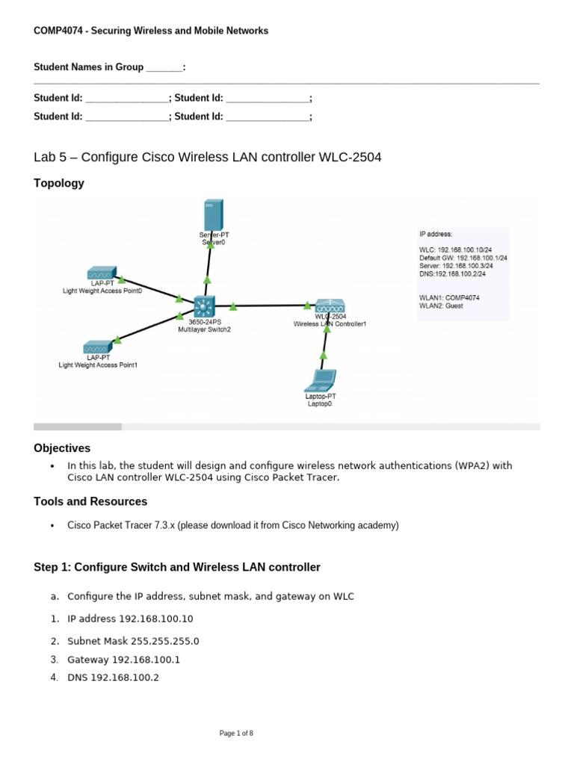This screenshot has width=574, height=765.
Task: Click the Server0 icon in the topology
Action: (x=212, y=215)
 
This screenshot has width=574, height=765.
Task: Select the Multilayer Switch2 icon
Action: (x=203, y=306)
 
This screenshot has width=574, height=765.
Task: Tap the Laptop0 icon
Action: (x=319, y=382)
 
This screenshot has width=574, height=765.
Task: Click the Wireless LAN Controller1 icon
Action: (x=329, y=306)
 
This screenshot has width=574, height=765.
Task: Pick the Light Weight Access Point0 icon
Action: (x=101, y=274)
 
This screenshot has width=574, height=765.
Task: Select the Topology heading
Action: (x=59, y=183)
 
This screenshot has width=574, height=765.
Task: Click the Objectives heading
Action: (x=62, y=448)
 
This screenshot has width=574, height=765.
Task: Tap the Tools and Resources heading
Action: (x=90, y=501)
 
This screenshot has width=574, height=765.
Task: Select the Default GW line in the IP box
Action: (x=463, y=258)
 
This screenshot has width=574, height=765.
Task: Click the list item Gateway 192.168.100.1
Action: (x=124, y=660)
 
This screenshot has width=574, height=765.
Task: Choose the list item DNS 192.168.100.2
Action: (x=114, y=678)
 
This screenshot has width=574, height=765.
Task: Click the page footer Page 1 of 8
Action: (x=236, y=734)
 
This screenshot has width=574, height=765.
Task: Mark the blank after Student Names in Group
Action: (x=164, y=67)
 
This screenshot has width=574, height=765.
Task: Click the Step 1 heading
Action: (x=177, y=567)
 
